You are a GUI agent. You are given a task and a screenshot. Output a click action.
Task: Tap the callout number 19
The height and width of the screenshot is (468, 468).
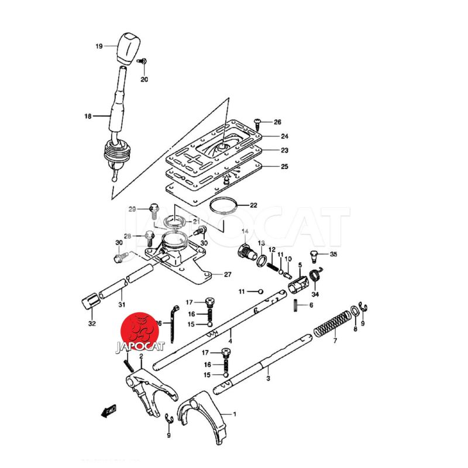(x=99, y=46)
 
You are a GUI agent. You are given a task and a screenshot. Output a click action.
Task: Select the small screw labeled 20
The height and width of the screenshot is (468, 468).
(x=142, y=61)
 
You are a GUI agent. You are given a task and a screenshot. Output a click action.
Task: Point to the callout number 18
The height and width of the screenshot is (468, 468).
(x=88, y=116)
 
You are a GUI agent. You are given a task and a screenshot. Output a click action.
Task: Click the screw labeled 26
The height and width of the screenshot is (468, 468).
(x=257, y=122)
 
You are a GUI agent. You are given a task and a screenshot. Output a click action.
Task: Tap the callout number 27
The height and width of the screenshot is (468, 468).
(x=227, y=274)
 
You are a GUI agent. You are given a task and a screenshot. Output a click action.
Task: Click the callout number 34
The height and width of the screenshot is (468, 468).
(x=315, y=294)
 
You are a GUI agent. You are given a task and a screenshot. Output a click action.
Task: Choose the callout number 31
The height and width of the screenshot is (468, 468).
(x=122, y=304)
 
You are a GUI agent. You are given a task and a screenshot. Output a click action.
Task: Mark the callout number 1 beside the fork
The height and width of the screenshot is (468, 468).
(x=235, y=414)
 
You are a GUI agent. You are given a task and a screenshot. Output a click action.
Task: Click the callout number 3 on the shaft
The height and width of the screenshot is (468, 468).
(x=268, y=378)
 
